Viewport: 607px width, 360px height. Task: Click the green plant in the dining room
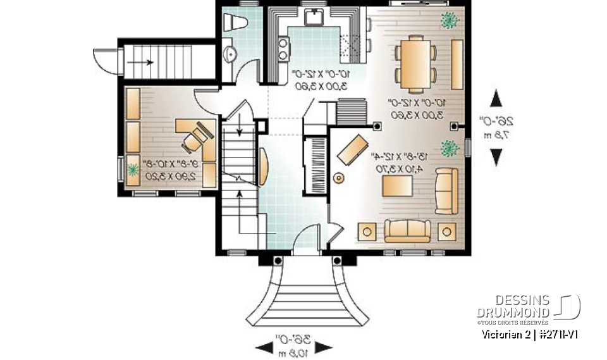(x=449, y=19)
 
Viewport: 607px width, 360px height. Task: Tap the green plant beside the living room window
(x=450, y=148)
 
